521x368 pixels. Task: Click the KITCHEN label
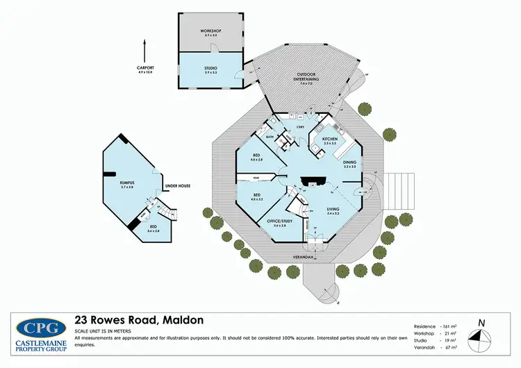[330, 140]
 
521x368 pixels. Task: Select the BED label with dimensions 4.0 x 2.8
[256, 156]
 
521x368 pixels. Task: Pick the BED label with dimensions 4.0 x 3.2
[256, 195]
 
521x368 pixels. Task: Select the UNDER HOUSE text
[177, 186]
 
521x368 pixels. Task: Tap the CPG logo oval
[37, 328]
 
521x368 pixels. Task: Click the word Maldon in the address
[183, 320]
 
